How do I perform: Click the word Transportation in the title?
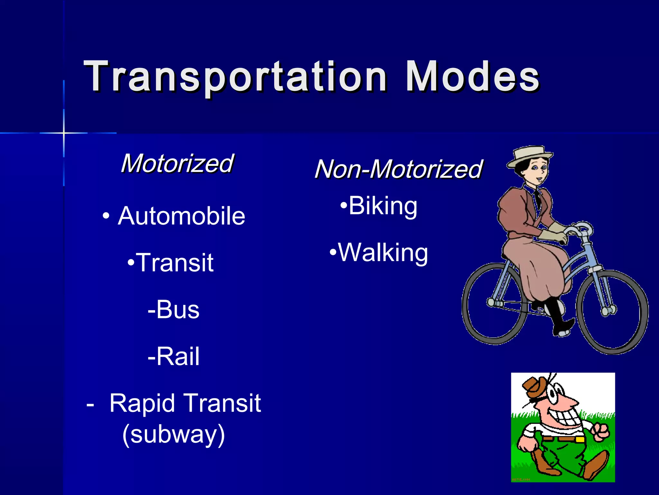pyautogui.click(x=235, y=77)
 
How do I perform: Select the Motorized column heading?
pyautogui.click(x=177, y=163)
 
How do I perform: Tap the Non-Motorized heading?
pyautogui.click(x=398, y=169)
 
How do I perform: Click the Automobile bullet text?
pyautogui.click(x=181, y=216)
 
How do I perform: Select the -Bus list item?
pyautogui.click(x=174, y=310)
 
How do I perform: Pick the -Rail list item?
pyautogui.click(x=174, y=356)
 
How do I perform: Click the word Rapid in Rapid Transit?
pyautogui.click(x=142, y=403)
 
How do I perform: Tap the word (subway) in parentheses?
pyautogui.click(x=174, y=434)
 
